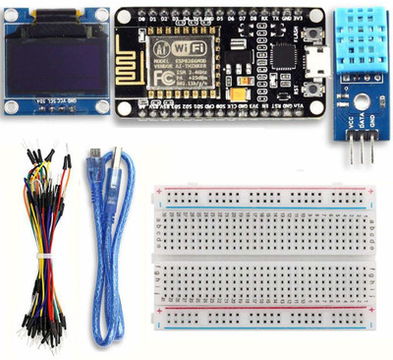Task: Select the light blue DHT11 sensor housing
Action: [357, 39]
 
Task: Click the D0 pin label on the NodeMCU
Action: [143, 18]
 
